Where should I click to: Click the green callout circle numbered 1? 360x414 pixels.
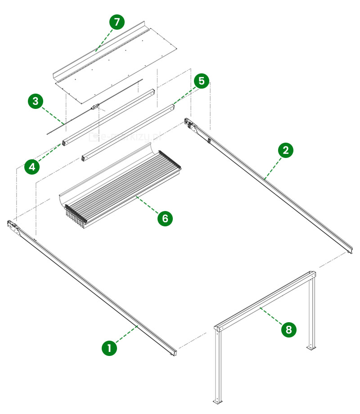click(108, 348)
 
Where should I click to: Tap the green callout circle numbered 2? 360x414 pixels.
click(285, 150)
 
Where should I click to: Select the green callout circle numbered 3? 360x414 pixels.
click(35, 101)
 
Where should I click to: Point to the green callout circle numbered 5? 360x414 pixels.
click(201, 81)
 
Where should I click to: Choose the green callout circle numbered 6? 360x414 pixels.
click(165, 218)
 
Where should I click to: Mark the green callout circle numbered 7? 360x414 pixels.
click(117, 22)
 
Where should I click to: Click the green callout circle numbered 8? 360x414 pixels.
click(288, 330)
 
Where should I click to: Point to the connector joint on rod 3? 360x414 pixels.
click(94, 107)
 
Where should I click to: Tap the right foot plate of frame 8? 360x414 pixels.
click(310, 348)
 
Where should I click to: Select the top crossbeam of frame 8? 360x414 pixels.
click(265, 301)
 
